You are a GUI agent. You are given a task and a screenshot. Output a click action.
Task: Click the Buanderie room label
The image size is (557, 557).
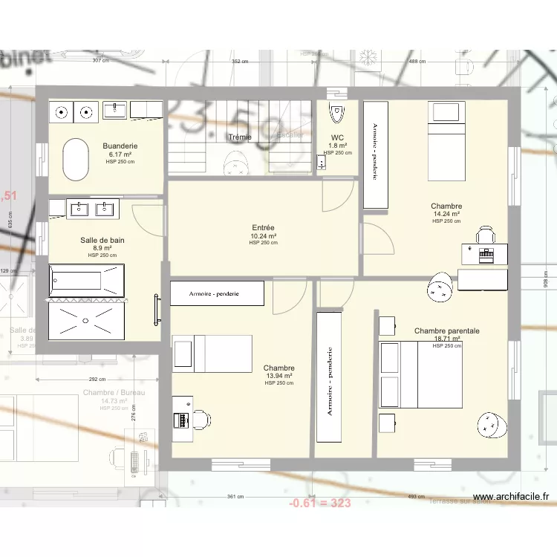[x=120, y=146]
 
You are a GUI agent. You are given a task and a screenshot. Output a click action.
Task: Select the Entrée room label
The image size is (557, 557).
[x=264, y=228]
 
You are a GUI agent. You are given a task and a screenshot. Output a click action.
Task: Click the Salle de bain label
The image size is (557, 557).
[x=102, y=240]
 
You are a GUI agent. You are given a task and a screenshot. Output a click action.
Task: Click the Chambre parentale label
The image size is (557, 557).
[x=447, y=331]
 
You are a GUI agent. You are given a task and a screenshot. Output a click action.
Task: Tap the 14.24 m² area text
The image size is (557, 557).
[x=447, y=214]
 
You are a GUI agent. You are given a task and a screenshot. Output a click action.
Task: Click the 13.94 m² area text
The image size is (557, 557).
[x=279, y=376]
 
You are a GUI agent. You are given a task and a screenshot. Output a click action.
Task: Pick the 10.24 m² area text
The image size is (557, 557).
[x=264, y=236]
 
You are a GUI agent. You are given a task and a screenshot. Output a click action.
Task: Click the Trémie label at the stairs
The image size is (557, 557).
[x=240, y=137]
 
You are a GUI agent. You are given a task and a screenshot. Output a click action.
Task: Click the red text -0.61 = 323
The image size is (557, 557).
[x=319, y=503]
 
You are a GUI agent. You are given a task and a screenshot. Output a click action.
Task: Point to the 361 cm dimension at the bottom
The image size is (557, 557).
[x=234, y=497]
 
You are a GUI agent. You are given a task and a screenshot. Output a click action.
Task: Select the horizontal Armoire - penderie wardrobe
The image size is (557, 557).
[x=218, y=293]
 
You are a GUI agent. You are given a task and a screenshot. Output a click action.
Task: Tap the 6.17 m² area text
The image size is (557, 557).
[x=120, y=154]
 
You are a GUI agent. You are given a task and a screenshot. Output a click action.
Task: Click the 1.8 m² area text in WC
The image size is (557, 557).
[x=339, y=146]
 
